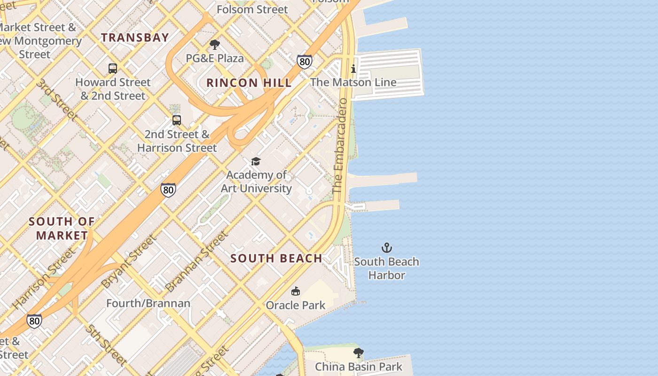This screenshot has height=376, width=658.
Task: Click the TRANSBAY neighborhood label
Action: click(x=135, y=38)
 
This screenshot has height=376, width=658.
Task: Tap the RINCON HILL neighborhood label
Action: click(x=249, y=83)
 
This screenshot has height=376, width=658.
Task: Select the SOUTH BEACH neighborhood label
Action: click(x=276, y=258)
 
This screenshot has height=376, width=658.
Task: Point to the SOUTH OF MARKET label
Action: click(x=62, y=228)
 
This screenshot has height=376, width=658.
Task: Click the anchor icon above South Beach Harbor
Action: click(x=386, y=248)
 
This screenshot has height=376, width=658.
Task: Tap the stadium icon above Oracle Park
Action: click(x=295, y=291)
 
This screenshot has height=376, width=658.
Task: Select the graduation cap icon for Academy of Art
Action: click(x=256, y=162)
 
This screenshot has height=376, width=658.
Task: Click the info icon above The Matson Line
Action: click(x=353, y=69)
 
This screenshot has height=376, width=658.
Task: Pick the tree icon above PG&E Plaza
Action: click(x=215, y=45)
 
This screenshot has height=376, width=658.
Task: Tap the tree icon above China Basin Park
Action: click(x=358, y=353)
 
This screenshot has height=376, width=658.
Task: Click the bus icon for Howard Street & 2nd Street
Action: click(x=113, y=69)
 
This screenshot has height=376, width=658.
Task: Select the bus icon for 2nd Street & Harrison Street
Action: click(x=177, y=120)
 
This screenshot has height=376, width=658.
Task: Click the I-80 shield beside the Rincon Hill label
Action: click(x=304, y=62)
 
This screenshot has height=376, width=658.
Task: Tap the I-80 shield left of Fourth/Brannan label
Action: click(x=34, y=321)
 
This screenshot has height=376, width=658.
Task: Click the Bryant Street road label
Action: click(x=129, y=261)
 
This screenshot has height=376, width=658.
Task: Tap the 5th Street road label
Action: click(x=105, y=345)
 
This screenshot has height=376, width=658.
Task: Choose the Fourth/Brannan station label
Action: click(x=148, y=303)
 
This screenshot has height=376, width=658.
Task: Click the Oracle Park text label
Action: click(x=296, y=305)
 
